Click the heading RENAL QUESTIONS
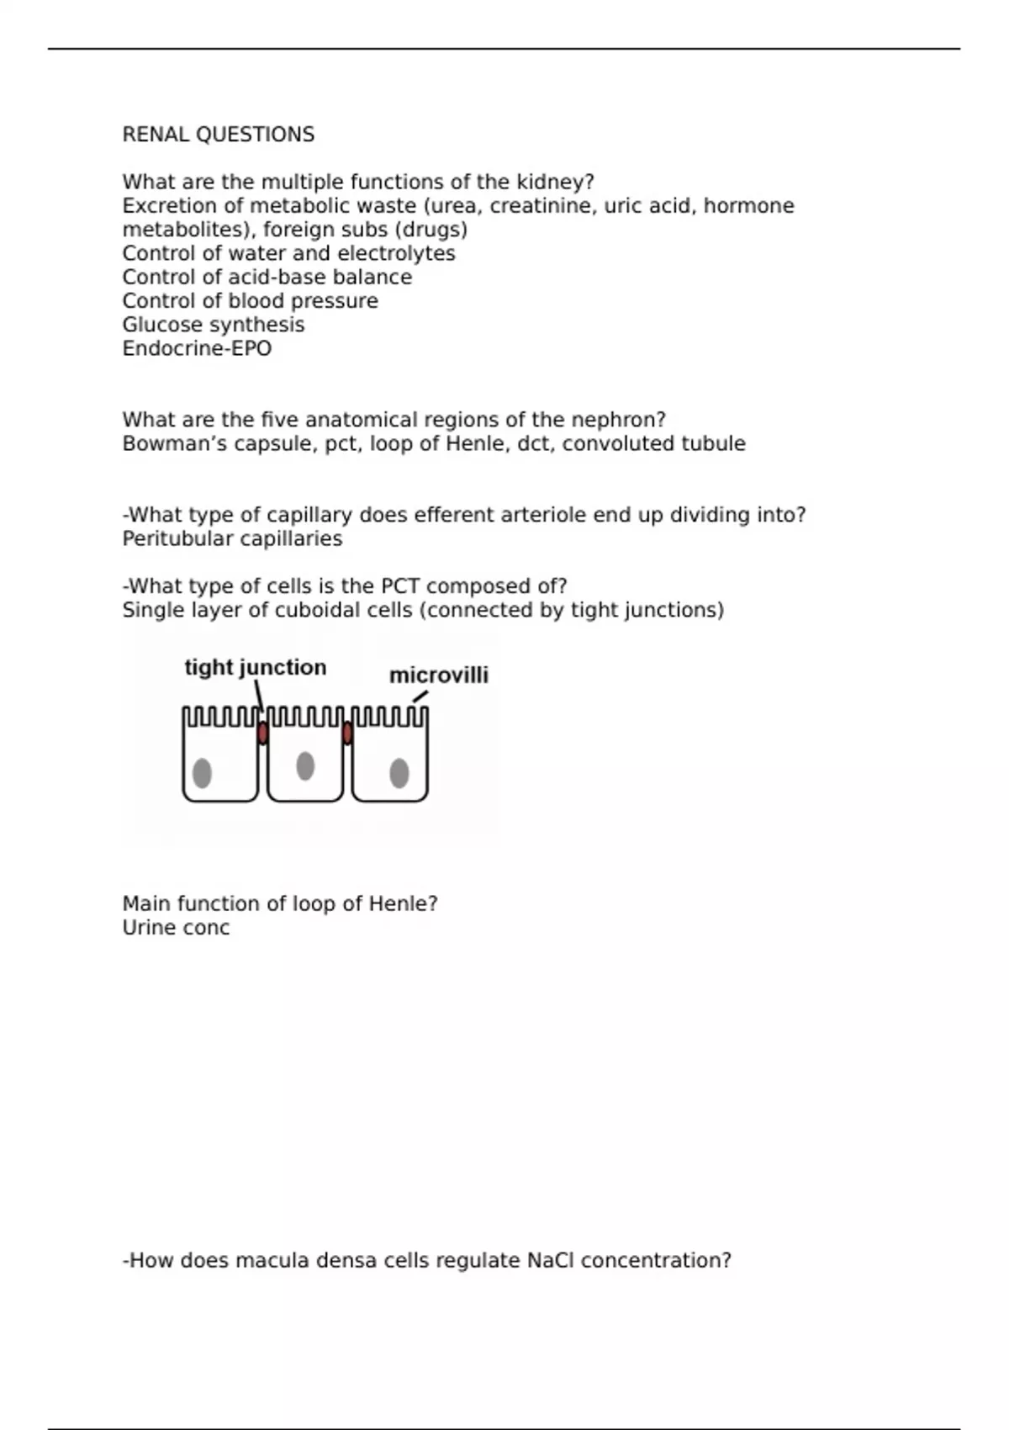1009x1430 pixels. coord(219,135)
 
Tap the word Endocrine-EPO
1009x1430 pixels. coord(197,348)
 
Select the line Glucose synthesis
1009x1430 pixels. coord(214,325)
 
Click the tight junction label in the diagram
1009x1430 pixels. coord(255,667)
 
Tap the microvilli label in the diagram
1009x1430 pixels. coord(438,675)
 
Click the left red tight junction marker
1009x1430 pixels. coord(262,734)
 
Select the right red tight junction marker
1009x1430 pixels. coord(347,734)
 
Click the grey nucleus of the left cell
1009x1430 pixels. coord(202,773)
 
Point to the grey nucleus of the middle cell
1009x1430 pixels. coord(305,766)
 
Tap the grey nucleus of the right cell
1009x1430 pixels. coord(399,773)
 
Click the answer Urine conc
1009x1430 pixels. coord(176,928)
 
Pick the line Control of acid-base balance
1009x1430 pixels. coord(267,278)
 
